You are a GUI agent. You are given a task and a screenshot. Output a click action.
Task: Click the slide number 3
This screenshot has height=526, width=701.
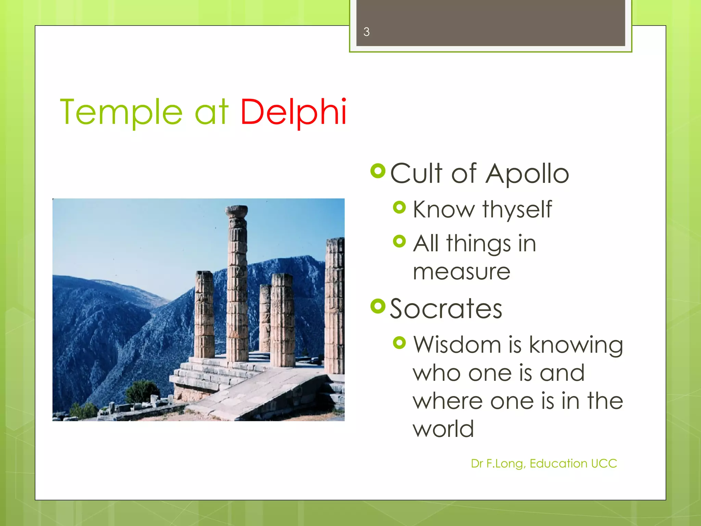coord(366,32)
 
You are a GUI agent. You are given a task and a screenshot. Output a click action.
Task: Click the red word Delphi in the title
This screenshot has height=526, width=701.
coord(293,112)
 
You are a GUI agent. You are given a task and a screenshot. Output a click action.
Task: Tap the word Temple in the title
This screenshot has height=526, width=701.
coord(121,112)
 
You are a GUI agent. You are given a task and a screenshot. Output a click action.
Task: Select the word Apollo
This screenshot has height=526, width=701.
coord(527,174)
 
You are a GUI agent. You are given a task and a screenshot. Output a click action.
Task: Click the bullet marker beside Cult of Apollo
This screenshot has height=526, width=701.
coord(378,171)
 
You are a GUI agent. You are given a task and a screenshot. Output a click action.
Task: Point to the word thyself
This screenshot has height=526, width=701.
coord(517,209)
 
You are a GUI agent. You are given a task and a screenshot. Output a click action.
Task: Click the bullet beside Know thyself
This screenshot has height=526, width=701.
coord(399,207)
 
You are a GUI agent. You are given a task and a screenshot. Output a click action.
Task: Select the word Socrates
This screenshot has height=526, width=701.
coord(446,309)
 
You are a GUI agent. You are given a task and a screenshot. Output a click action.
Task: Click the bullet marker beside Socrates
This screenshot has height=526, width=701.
coord(378,306)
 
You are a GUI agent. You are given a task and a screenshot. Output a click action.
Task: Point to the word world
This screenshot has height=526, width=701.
coord(443,429)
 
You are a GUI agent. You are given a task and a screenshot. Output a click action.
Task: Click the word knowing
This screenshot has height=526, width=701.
coord(576,345)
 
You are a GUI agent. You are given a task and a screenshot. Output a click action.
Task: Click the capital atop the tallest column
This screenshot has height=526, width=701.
coord(237,211)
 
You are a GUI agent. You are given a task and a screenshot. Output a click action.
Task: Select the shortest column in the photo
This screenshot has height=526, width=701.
coord(265,318)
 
